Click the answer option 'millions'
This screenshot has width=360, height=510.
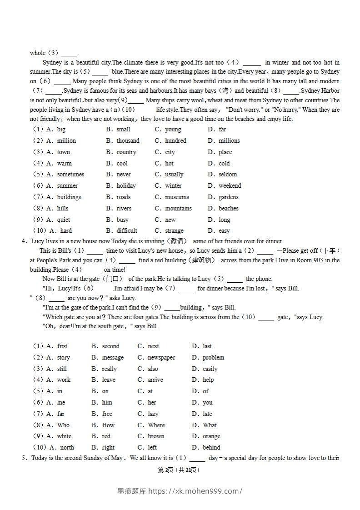coord(229,141)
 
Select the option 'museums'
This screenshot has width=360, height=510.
coord(177,197)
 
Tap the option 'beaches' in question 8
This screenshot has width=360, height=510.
coord(228,209)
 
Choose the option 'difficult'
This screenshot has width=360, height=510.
coord(127,231)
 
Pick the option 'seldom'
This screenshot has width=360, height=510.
coord(228,175)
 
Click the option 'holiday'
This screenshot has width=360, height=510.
coord(126,186)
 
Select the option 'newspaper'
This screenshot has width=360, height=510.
coord(161,358)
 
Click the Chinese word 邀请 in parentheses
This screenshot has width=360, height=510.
coord(177,241)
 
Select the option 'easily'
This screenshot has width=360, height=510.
coord(210,369)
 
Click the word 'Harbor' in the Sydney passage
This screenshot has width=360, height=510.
coord(330,91)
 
